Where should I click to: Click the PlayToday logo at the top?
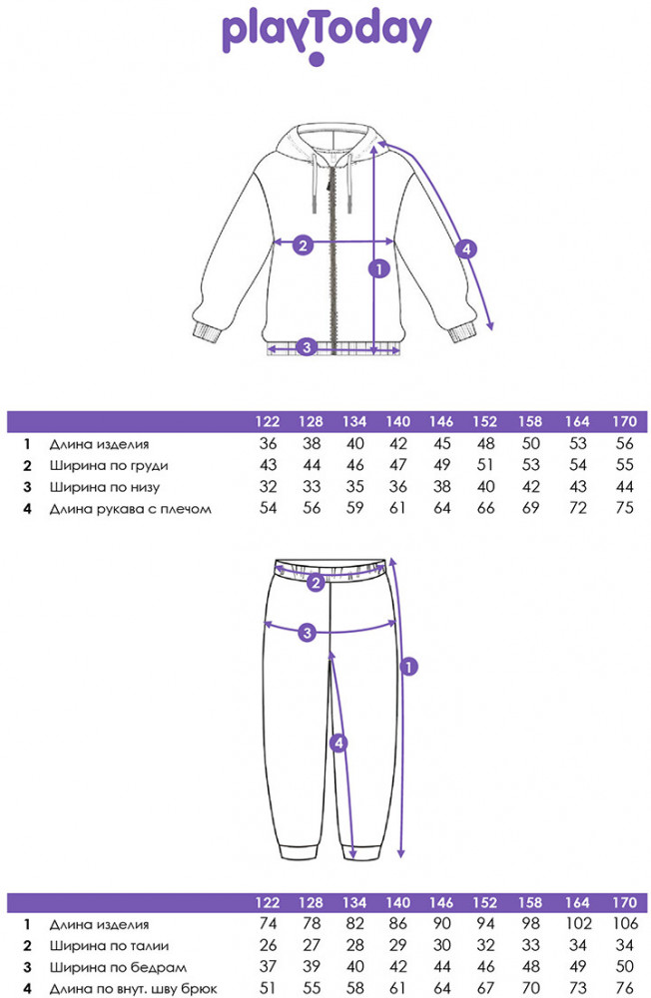pos(326,36)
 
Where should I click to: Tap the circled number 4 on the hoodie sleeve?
pos(466,249)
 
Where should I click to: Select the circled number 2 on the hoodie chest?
pos(303,245)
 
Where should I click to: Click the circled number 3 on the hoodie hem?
pos(307,347)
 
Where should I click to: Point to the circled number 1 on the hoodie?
pos(379,268)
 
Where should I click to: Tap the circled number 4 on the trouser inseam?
pos(338,743)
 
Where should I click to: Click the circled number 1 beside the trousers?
pos(408,667)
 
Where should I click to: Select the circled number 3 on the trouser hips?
pos(308,632)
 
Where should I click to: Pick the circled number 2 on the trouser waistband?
pos(316,582)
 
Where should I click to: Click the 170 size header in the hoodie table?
pos(624,421)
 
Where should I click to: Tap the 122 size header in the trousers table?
pos(268,902)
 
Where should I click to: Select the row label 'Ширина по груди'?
pos(109,466)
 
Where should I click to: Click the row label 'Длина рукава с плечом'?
pos(131,509)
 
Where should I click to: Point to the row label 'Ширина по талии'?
pos(110,946)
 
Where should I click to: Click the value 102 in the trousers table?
pos(578,923)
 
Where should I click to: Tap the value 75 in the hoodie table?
pos(625,508)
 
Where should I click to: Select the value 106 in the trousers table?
pos(625,923)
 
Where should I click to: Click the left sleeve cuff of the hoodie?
pos(206,332)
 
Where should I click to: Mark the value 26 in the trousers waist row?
pos(269,945)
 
